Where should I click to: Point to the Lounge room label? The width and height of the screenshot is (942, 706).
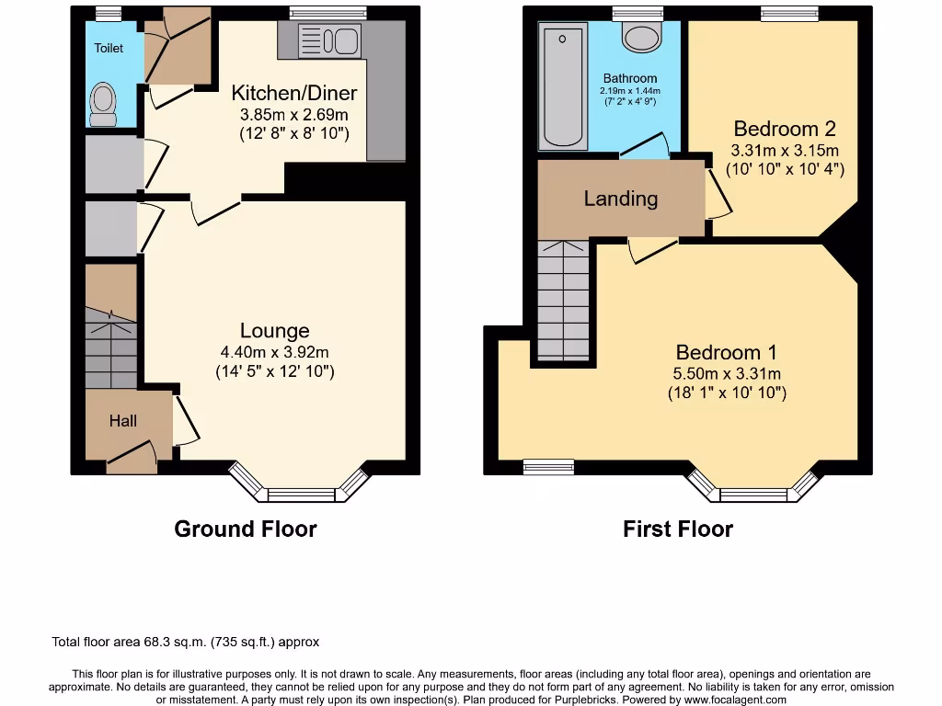(x=274, y=331)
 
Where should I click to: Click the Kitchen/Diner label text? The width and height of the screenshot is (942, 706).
(x=293, y=93)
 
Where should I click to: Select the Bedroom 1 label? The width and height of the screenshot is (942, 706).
(x=726, y=352)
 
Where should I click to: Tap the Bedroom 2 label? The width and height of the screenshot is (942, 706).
(x=785, y=129)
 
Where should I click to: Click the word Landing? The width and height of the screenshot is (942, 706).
(x=621, y=199)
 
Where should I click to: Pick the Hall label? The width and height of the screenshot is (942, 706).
(x=123, y=420)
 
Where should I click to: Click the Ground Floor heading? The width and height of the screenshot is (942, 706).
(x=246, y=529)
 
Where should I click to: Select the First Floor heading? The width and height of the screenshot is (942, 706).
(x=678, y=529)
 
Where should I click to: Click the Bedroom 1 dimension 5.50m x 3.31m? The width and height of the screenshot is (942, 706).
(x=727, y=373)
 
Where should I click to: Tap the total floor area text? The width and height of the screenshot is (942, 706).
(x=186, y=643)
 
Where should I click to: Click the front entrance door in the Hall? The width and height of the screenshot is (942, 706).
(x=131, y=457)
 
